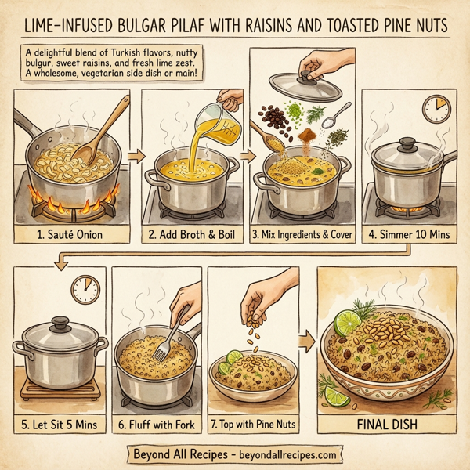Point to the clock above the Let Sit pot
85,289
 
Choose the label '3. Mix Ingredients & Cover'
301,233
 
